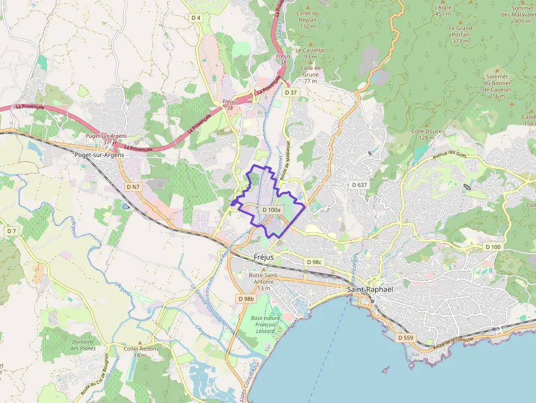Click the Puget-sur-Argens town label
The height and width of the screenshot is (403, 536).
99,155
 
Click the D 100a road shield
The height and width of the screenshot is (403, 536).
271,210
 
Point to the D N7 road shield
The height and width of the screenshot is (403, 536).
133,187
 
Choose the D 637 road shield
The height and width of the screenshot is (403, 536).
359,185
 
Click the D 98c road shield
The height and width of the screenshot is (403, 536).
314,262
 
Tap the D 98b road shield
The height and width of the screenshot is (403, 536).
247,299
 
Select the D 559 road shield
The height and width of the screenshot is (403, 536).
406,338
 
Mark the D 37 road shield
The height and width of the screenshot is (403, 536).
290,92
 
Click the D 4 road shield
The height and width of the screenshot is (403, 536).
196,17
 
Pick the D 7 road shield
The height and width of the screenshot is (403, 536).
11,231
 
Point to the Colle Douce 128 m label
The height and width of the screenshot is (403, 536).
427,135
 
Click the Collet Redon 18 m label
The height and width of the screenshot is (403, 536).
139,352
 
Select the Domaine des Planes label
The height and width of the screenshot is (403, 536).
83,344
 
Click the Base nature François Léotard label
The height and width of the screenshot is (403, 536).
265,324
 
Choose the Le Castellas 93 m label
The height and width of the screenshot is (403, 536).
310,53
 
